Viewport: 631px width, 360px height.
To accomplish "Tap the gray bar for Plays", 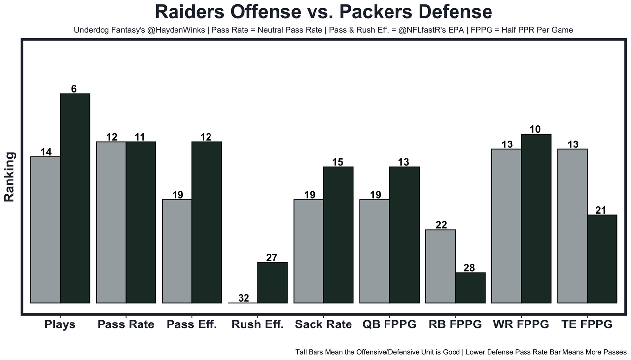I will click(45, 230).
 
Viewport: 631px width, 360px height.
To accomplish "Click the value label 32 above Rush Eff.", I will click(244, 298).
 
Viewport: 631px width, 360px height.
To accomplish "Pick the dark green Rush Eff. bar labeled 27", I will click(273, 283).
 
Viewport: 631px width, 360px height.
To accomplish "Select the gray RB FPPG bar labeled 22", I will click(440, 266).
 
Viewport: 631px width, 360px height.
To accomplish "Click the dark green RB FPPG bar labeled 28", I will click(470, 288).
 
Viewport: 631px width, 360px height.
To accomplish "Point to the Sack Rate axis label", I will click(323, 324).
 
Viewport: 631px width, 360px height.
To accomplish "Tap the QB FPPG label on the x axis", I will click(389, 324).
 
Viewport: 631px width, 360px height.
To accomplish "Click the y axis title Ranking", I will click(10, 177).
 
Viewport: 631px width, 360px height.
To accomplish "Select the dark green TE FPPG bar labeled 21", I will click(602, 258).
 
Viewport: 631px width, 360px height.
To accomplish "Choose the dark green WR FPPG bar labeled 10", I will click(536, 218).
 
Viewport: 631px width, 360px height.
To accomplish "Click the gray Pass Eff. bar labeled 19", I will click(177, 251).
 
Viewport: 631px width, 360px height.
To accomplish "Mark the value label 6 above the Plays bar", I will click(74, 89).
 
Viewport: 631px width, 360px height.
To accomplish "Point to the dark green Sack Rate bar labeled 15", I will click(338, 235).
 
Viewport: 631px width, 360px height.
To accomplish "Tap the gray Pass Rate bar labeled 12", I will click(111, 222).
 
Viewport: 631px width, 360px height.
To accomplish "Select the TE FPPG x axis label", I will click(587, 324).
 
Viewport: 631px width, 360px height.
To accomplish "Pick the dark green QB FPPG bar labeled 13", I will click(404, 235).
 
